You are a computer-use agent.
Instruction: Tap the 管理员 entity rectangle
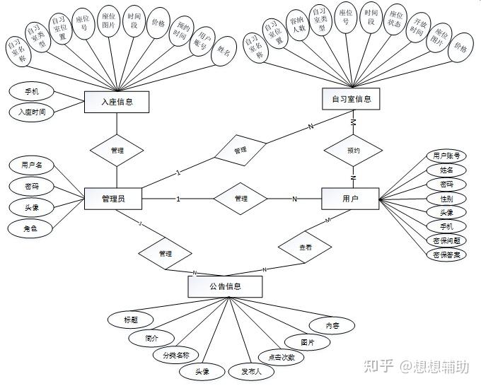pyautogui.click(x=113, y=199)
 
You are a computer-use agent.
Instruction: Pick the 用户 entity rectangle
pyautogui.click(x=350, y=199)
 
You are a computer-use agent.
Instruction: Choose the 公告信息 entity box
pyautogui.click(x=225, y=286)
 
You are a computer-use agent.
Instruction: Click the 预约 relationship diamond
pyautogui.click(x=353, y=151)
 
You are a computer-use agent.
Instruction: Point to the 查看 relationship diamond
pyautogui.click(x=306, y=248)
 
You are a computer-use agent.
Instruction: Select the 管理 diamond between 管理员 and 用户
pyautogui.click(x=241, y=199)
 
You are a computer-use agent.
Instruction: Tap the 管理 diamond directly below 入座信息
pyautogui.click(x=117, y=151)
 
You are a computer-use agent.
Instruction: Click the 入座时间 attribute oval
pyautogui.click(x=31, y=111)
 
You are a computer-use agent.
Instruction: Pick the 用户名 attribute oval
pyautogui.click(x=32, y=165)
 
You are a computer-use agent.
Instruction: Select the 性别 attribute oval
pyautogui.click(x=446, y=198)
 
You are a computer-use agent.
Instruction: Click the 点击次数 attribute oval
pyautogui.click(x=281, y=357)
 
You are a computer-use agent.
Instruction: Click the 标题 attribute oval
pyautogui.click(x=130, y=320)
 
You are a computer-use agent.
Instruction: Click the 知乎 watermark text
pyautogui.click(x=378, y=365)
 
